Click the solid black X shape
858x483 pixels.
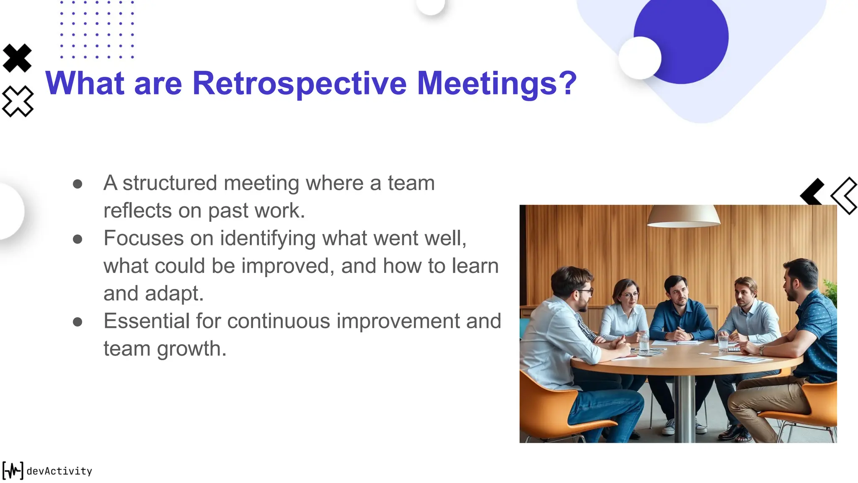17,58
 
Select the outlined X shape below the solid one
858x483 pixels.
18,101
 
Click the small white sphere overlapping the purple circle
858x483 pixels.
639,58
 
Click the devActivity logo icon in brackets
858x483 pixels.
13,470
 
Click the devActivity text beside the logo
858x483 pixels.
59,471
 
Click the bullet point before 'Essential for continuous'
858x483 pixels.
78,322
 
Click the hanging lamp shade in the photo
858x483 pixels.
683,216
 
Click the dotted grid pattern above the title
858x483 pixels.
97,29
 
